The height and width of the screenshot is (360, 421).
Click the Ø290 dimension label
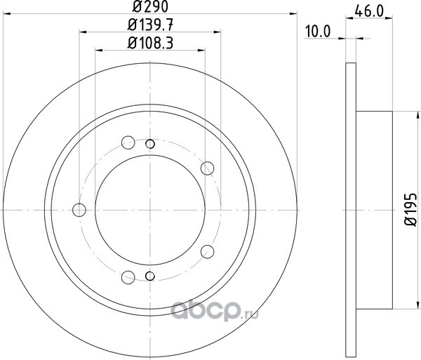[x=150, y=6]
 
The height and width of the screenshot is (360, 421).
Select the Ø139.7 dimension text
[x=150, y=25]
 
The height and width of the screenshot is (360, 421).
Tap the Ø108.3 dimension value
[x=150, y=44]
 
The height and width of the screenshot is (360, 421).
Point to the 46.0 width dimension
[x=368, y=11]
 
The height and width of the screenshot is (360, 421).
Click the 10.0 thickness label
[x=318, y=32]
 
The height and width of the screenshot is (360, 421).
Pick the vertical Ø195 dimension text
[x=410, y=209]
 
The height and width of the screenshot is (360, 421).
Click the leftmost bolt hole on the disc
[x=79, y=210]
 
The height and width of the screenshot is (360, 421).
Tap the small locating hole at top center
[x=150, y=144]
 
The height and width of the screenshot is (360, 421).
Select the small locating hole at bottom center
[x=150, y=276]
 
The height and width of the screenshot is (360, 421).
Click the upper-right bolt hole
[x=207, y=168]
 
